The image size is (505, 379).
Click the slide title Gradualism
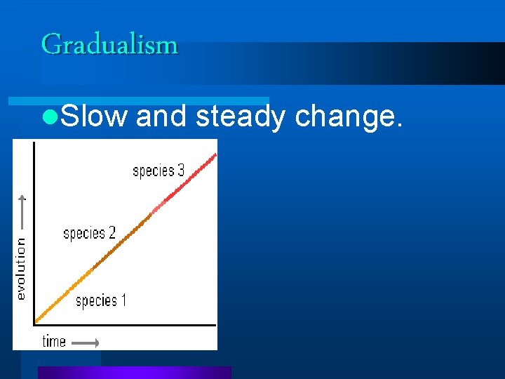tap(109, 44)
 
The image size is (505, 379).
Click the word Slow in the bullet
tap(93, 117)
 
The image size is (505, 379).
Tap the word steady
tap(240, 117)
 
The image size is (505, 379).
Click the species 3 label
tap(159, 171)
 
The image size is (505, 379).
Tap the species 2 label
tap(89, 234)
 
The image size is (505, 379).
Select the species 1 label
tap(101, 301)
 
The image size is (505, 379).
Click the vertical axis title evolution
tap(21, 269)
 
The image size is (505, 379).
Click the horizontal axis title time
tap(54, 342)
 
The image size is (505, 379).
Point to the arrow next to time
tap(86, 343)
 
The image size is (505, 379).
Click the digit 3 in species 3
tap(180, 171)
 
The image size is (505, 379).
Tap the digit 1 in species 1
tap(123, 301)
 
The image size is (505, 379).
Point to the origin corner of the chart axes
tap(34, 324)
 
